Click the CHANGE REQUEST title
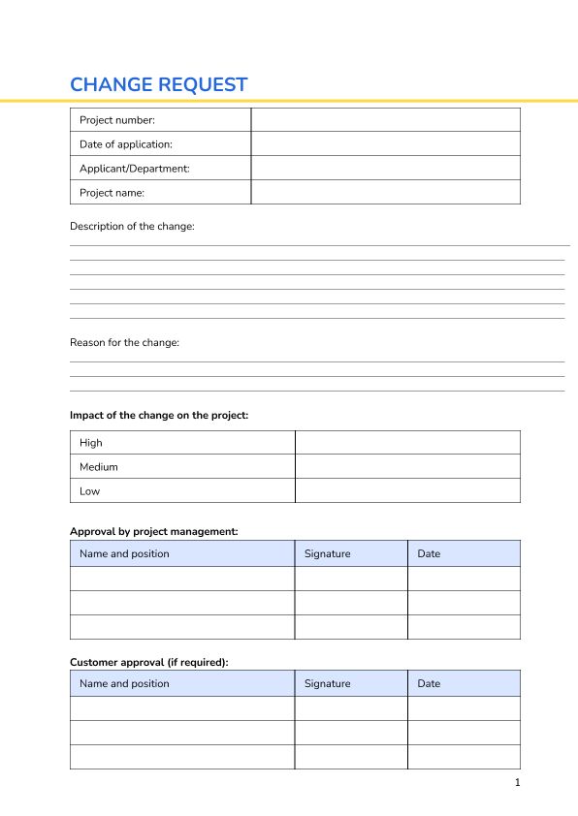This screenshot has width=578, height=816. [158, 84]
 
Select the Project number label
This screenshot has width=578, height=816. [117, 120]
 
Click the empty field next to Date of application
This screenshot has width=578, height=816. [385, 144]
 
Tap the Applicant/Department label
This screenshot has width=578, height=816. [134, 169]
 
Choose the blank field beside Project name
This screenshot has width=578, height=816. [385, 192]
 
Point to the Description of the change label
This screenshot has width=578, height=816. [132, 226]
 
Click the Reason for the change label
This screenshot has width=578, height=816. [124, 342]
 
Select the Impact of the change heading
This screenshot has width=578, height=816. [159, 415]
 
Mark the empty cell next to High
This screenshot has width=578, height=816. [407, 443]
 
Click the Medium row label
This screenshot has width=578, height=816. [99, 467]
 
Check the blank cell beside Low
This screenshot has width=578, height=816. [407, 490]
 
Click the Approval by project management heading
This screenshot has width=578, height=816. [153, 531]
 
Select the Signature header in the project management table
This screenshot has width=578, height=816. [328, 553]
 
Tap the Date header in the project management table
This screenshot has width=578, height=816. [429, 553]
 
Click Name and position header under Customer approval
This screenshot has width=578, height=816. [124, 683]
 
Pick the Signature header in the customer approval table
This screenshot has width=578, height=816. [328, 683]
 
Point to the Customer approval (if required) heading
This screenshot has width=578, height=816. [148, 662]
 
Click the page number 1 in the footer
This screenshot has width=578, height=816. [517, 782]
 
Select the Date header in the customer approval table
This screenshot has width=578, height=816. [429, 683]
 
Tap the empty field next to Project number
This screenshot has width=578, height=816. [385, 120]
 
